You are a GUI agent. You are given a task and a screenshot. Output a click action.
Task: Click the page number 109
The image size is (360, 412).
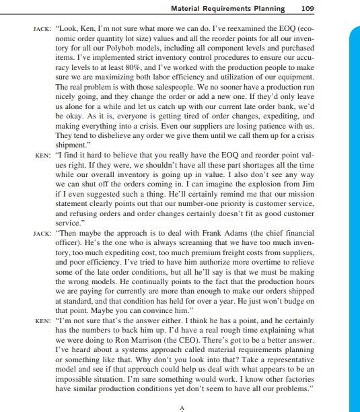click(x=307, y=9)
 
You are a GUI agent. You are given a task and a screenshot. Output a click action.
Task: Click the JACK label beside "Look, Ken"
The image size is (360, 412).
click(x=42, y=31)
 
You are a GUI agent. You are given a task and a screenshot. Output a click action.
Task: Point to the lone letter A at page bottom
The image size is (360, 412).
click(x=181, y=407)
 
